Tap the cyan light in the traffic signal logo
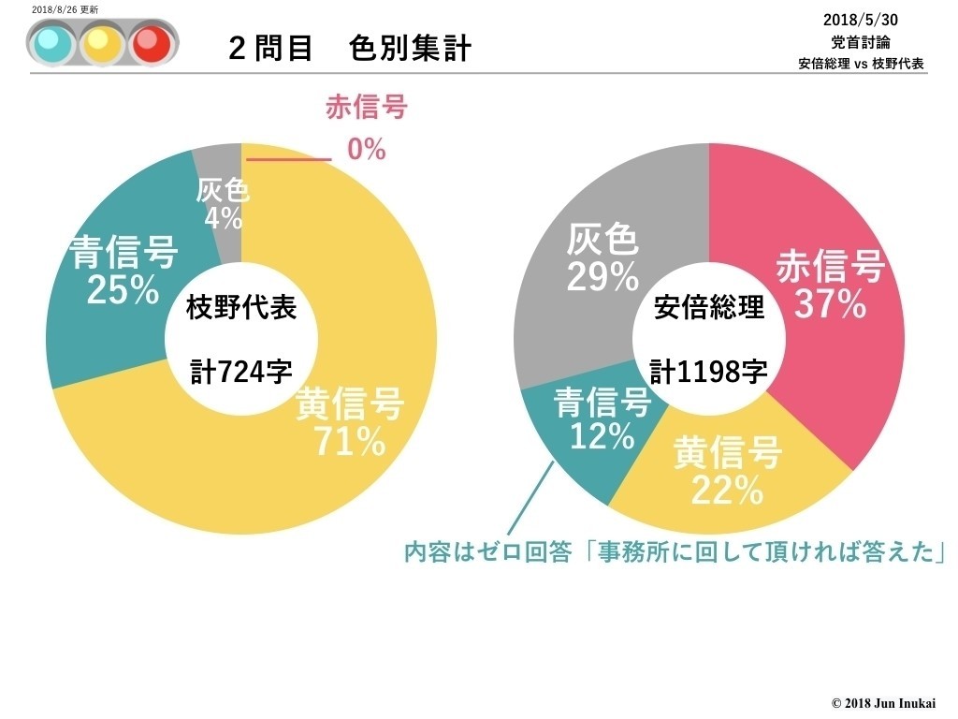tap(49, 42)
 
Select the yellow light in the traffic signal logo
tap(98, 42)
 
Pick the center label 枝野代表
tap(241, 308)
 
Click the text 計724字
tap(241, 372)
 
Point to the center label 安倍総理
tap(708, 308)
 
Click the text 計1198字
tap(708, 372)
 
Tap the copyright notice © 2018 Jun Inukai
tap(883, 702)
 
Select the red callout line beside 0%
tap(288, 159)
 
